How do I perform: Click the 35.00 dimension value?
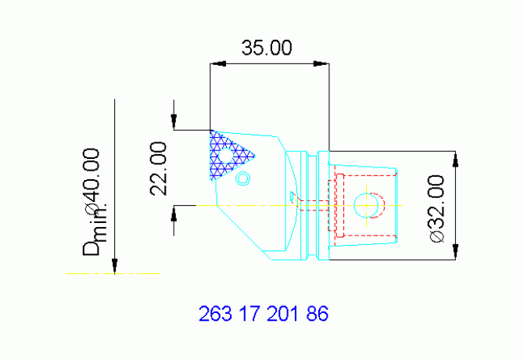[x=267, y=48]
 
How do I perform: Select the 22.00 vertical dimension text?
[x=159, y=168]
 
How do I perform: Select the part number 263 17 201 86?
[x=264, y=315]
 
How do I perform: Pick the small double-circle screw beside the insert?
[x=243, y=178]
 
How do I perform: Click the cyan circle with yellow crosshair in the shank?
[x=367, y=205]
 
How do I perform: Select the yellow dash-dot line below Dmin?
[x=113, y=273]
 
